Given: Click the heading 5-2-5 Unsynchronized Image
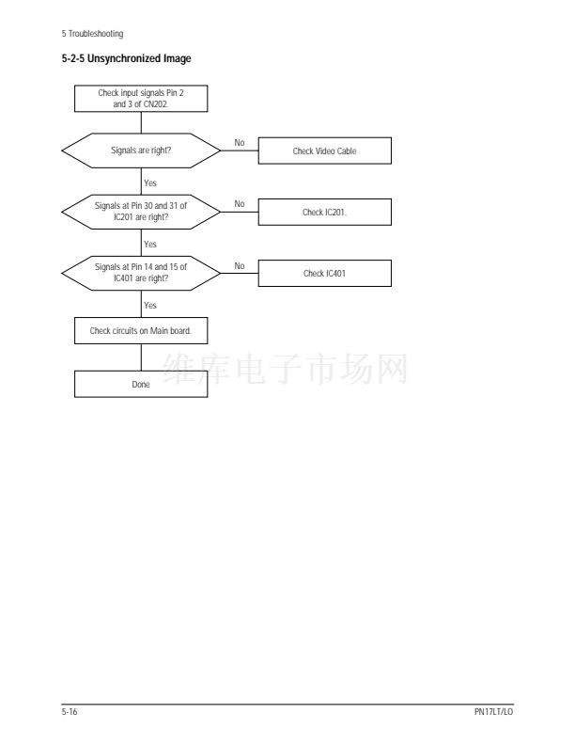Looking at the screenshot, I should point(126,60).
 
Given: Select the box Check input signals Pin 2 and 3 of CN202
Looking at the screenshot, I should point(141,99).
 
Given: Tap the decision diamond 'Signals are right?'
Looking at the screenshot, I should point(141,151).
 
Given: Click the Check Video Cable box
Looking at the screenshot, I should point(324,151).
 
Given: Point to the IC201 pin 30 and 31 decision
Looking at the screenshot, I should point(141,212).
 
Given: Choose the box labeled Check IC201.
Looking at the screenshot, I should point(324,213).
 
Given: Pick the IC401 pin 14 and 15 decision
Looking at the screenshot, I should point(141,273).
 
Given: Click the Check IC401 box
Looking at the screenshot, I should point(324,274).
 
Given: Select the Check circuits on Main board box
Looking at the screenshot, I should point(141,330).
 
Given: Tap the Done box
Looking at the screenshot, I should point(141,384).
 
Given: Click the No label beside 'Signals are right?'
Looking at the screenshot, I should point(239,143).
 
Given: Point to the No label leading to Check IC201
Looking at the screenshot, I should point(239,204).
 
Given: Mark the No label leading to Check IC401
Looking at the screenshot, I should point(239,265).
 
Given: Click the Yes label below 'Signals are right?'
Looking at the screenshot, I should point(150,182).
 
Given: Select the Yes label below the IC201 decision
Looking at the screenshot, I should point(150,244).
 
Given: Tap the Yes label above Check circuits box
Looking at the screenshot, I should point(150,305).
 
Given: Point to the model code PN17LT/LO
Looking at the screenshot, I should point(494,712).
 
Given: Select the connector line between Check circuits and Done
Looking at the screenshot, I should point(141,357).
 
